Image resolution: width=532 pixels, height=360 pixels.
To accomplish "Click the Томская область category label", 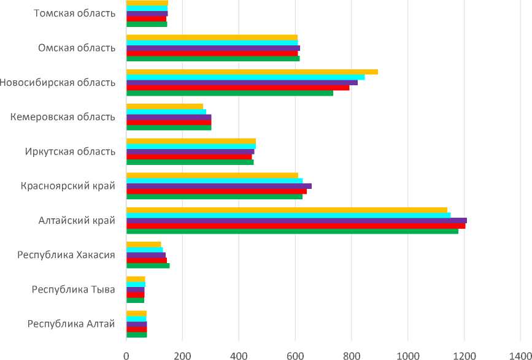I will pos(75,13).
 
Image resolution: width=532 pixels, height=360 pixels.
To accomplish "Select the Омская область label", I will pos(77,48).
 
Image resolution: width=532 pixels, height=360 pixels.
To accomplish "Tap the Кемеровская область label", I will pos(63,117).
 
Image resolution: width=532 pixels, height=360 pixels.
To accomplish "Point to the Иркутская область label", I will pos(70,151).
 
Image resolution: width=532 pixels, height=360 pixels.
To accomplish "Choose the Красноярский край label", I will pos(67,186).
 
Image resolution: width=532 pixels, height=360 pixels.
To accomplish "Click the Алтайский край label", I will pos(77,220).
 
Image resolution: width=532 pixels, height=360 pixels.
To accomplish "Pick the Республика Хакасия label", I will pos(71,255).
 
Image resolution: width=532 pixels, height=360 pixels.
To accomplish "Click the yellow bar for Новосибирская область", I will pos(252,72).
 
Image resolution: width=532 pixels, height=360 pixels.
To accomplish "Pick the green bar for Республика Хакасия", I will pos(148,266).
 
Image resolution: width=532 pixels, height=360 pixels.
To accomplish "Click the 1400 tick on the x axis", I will pos(520,354).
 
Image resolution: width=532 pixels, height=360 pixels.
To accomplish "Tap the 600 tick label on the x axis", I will pos(295,354).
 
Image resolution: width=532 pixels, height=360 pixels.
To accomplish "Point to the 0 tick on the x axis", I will pos(126,354).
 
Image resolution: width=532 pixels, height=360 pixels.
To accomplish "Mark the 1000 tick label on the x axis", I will pos(407,354).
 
